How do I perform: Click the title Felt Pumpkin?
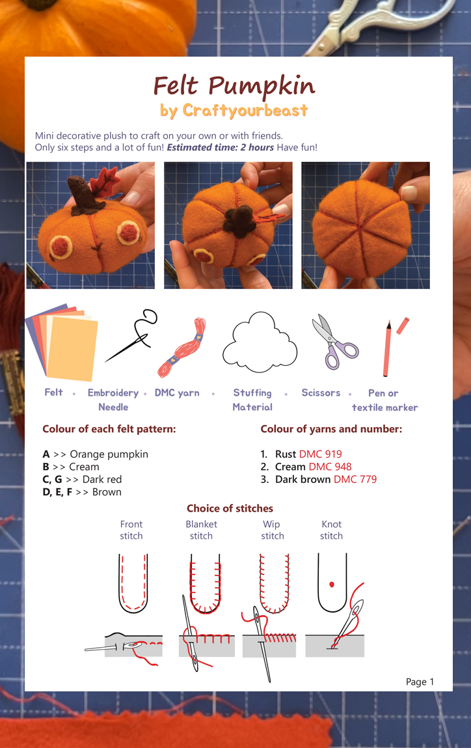tap(234, 86)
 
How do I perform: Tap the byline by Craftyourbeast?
tap(234, 111)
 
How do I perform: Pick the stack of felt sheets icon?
tap(63, 342)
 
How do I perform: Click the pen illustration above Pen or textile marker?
tap(388, 348)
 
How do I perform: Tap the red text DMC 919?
tap(320, 454)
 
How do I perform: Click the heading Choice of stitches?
tap(230, 508)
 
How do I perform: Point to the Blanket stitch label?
tap(201, 530)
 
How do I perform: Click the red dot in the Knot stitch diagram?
tap(332, 585)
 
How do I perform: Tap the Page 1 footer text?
tap(420, 682)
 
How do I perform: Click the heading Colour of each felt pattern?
tap(109, 429)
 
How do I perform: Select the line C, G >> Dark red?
tap(82, 479)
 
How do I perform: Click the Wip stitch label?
tap(272, 530)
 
